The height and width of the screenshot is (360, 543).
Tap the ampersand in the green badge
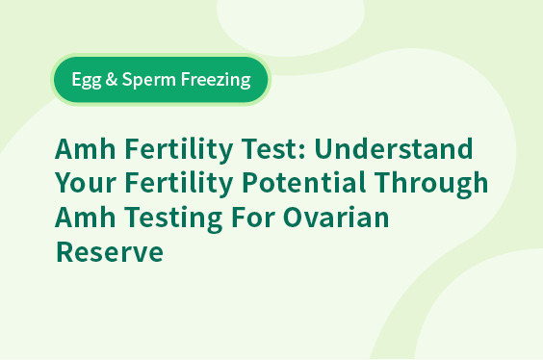pyautogui.click(x=111, y=79)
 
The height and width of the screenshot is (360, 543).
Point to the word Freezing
pyautogui.click(x=216, y=80)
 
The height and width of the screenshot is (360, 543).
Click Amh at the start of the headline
pyautogui.click(x=85, y=148)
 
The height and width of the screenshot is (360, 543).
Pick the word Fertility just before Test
pyautogui.click(x=179, y=150)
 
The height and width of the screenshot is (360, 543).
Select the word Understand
pyautogui.click(x=394, y=148)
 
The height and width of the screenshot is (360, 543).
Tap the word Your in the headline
pyautogui.click(x=85, y=183)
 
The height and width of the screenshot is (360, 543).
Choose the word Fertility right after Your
pyautogui.click(x=179, y=184)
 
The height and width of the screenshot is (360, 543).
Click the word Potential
pyautogui.click(x=303, y=182)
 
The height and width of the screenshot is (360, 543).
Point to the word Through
pyautogui.click(x=431, y=184)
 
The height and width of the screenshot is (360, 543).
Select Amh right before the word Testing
pyautogui.click(x=85, y=217)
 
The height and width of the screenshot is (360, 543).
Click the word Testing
pyautogui.click(x=173, y=219)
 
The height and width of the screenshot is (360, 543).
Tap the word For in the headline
pyautogui.click(x=253, y=217)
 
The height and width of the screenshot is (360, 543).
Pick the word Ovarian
pyautogui.click(x=336, y=217)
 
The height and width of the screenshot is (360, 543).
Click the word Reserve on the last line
pyautogui.click(x=110, y=251)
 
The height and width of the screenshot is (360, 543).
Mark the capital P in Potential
pyautogui.click(x=250, y=183)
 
